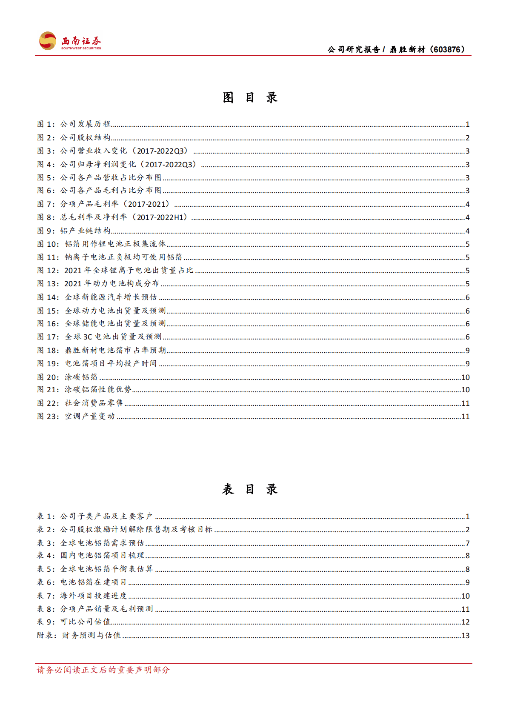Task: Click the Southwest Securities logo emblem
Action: coord(47,41)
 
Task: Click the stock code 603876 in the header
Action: coord(447,50)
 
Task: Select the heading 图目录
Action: coord(250,98)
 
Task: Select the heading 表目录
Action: coord(250,489)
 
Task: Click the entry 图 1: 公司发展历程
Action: coord(74,124)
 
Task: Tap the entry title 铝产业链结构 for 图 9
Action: coord(85,231)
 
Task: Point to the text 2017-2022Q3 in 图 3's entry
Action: coord(162,151)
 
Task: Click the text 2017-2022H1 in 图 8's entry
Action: coord(162,217)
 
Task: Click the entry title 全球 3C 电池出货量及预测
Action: coord(113,337)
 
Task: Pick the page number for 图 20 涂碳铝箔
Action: coord(465,377)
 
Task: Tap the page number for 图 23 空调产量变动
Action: coord(465,416)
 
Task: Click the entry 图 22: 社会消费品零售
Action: coord(80,403)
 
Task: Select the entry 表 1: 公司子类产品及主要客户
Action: coord(94,516)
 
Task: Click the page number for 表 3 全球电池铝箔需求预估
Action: coord(467,543)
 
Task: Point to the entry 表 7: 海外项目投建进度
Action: coord(82,596)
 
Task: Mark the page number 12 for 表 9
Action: coord(465,622)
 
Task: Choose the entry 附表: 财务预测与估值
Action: coord(79,636)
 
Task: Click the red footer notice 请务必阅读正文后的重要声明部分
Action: coord(103,670)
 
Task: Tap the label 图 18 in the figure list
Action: coord(48,351)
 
